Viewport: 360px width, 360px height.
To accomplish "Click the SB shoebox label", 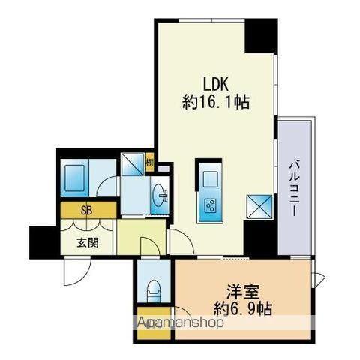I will tap(87, 209).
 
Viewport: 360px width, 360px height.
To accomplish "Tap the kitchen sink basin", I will tap(209, 178).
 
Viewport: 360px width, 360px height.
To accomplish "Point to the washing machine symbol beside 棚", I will tap(133, 164).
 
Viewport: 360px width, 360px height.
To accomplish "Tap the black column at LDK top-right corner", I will tap(261, 35).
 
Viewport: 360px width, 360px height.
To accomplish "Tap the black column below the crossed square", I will tap(260, 238).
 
